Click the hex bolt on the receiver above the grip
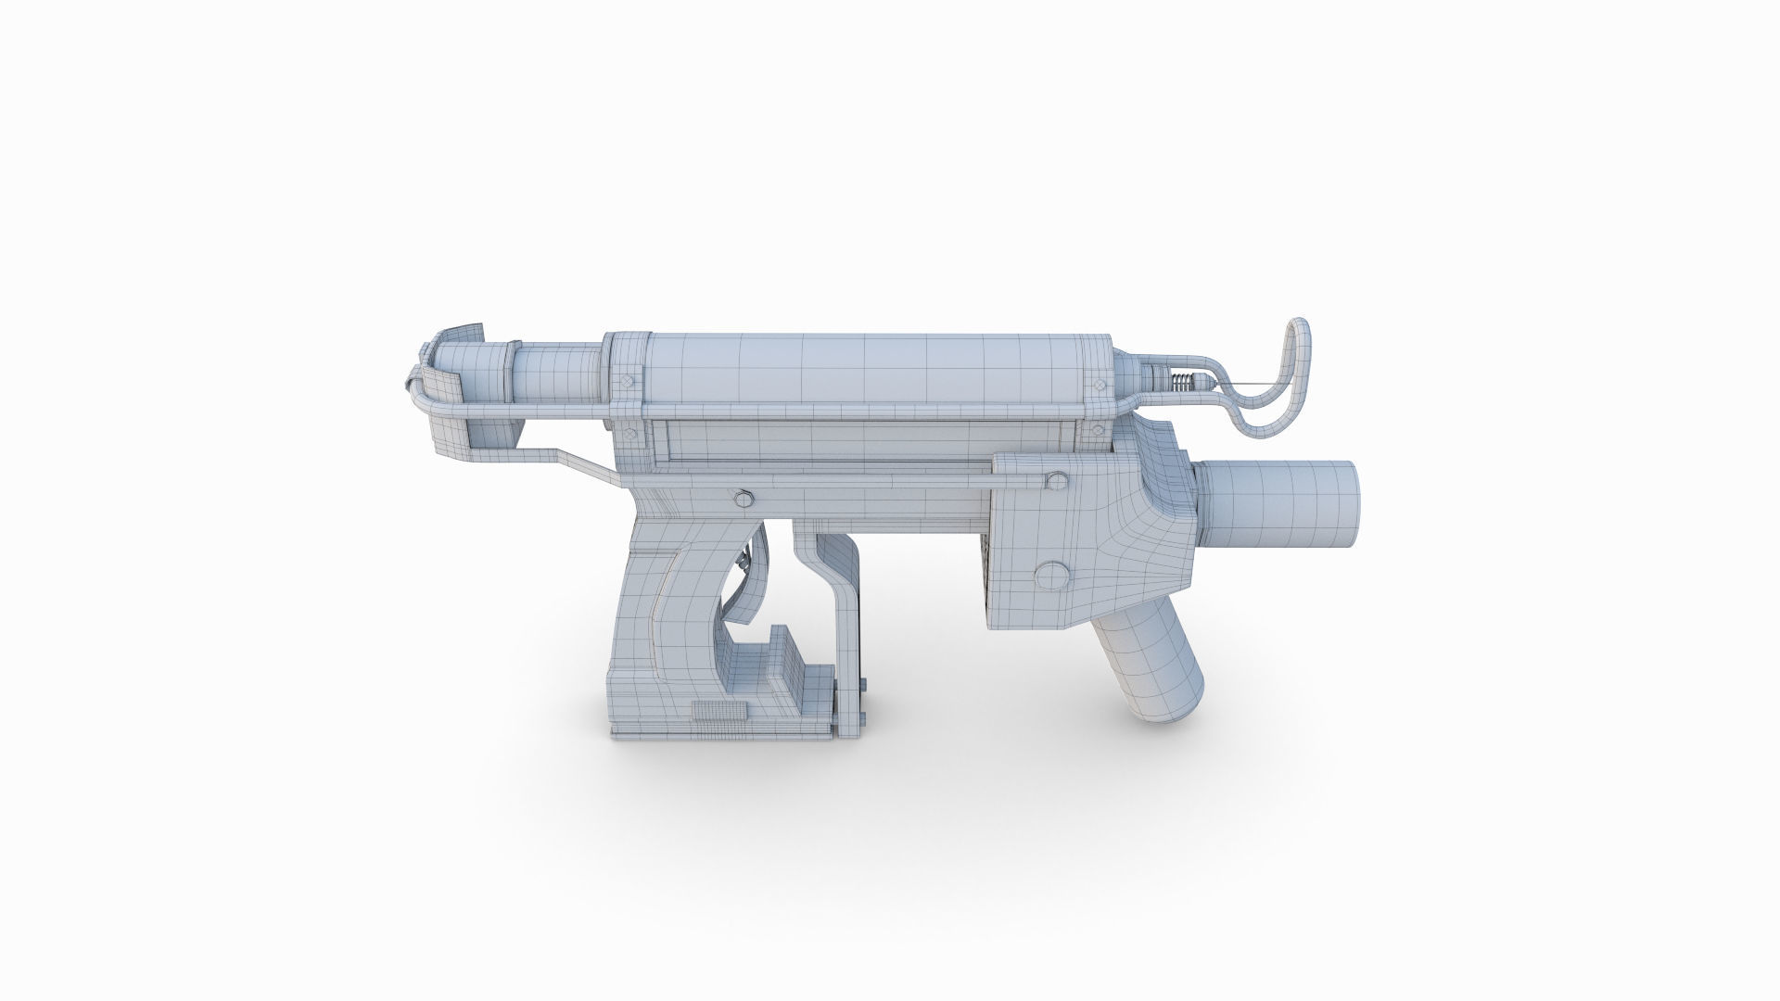(743, 499)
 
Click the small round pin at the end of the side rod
(1055, 478)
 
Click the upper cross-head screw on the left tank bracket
(629, 379)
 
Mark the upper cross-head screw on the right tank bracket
(1100, 380)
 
